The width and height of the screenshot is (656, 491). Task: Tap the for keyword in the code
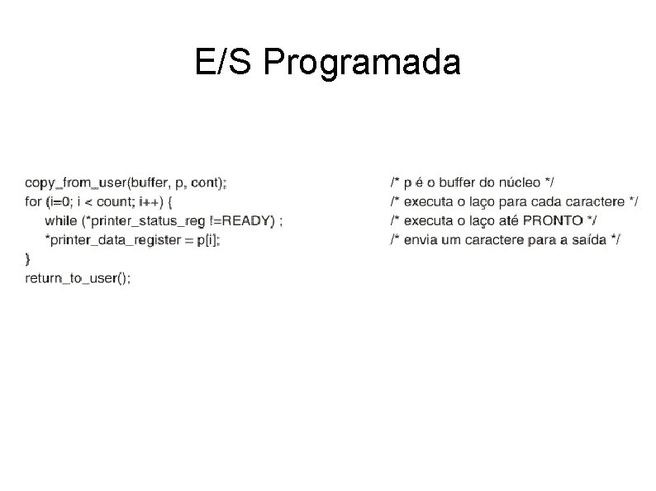[33, 201]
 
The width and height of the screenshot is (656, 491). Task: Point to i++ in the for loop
[144, 201]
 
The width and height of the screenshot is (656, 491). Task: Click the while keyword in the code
[59, 220]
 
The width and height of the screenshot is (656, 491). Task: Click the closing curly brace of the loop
[28, 258]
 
